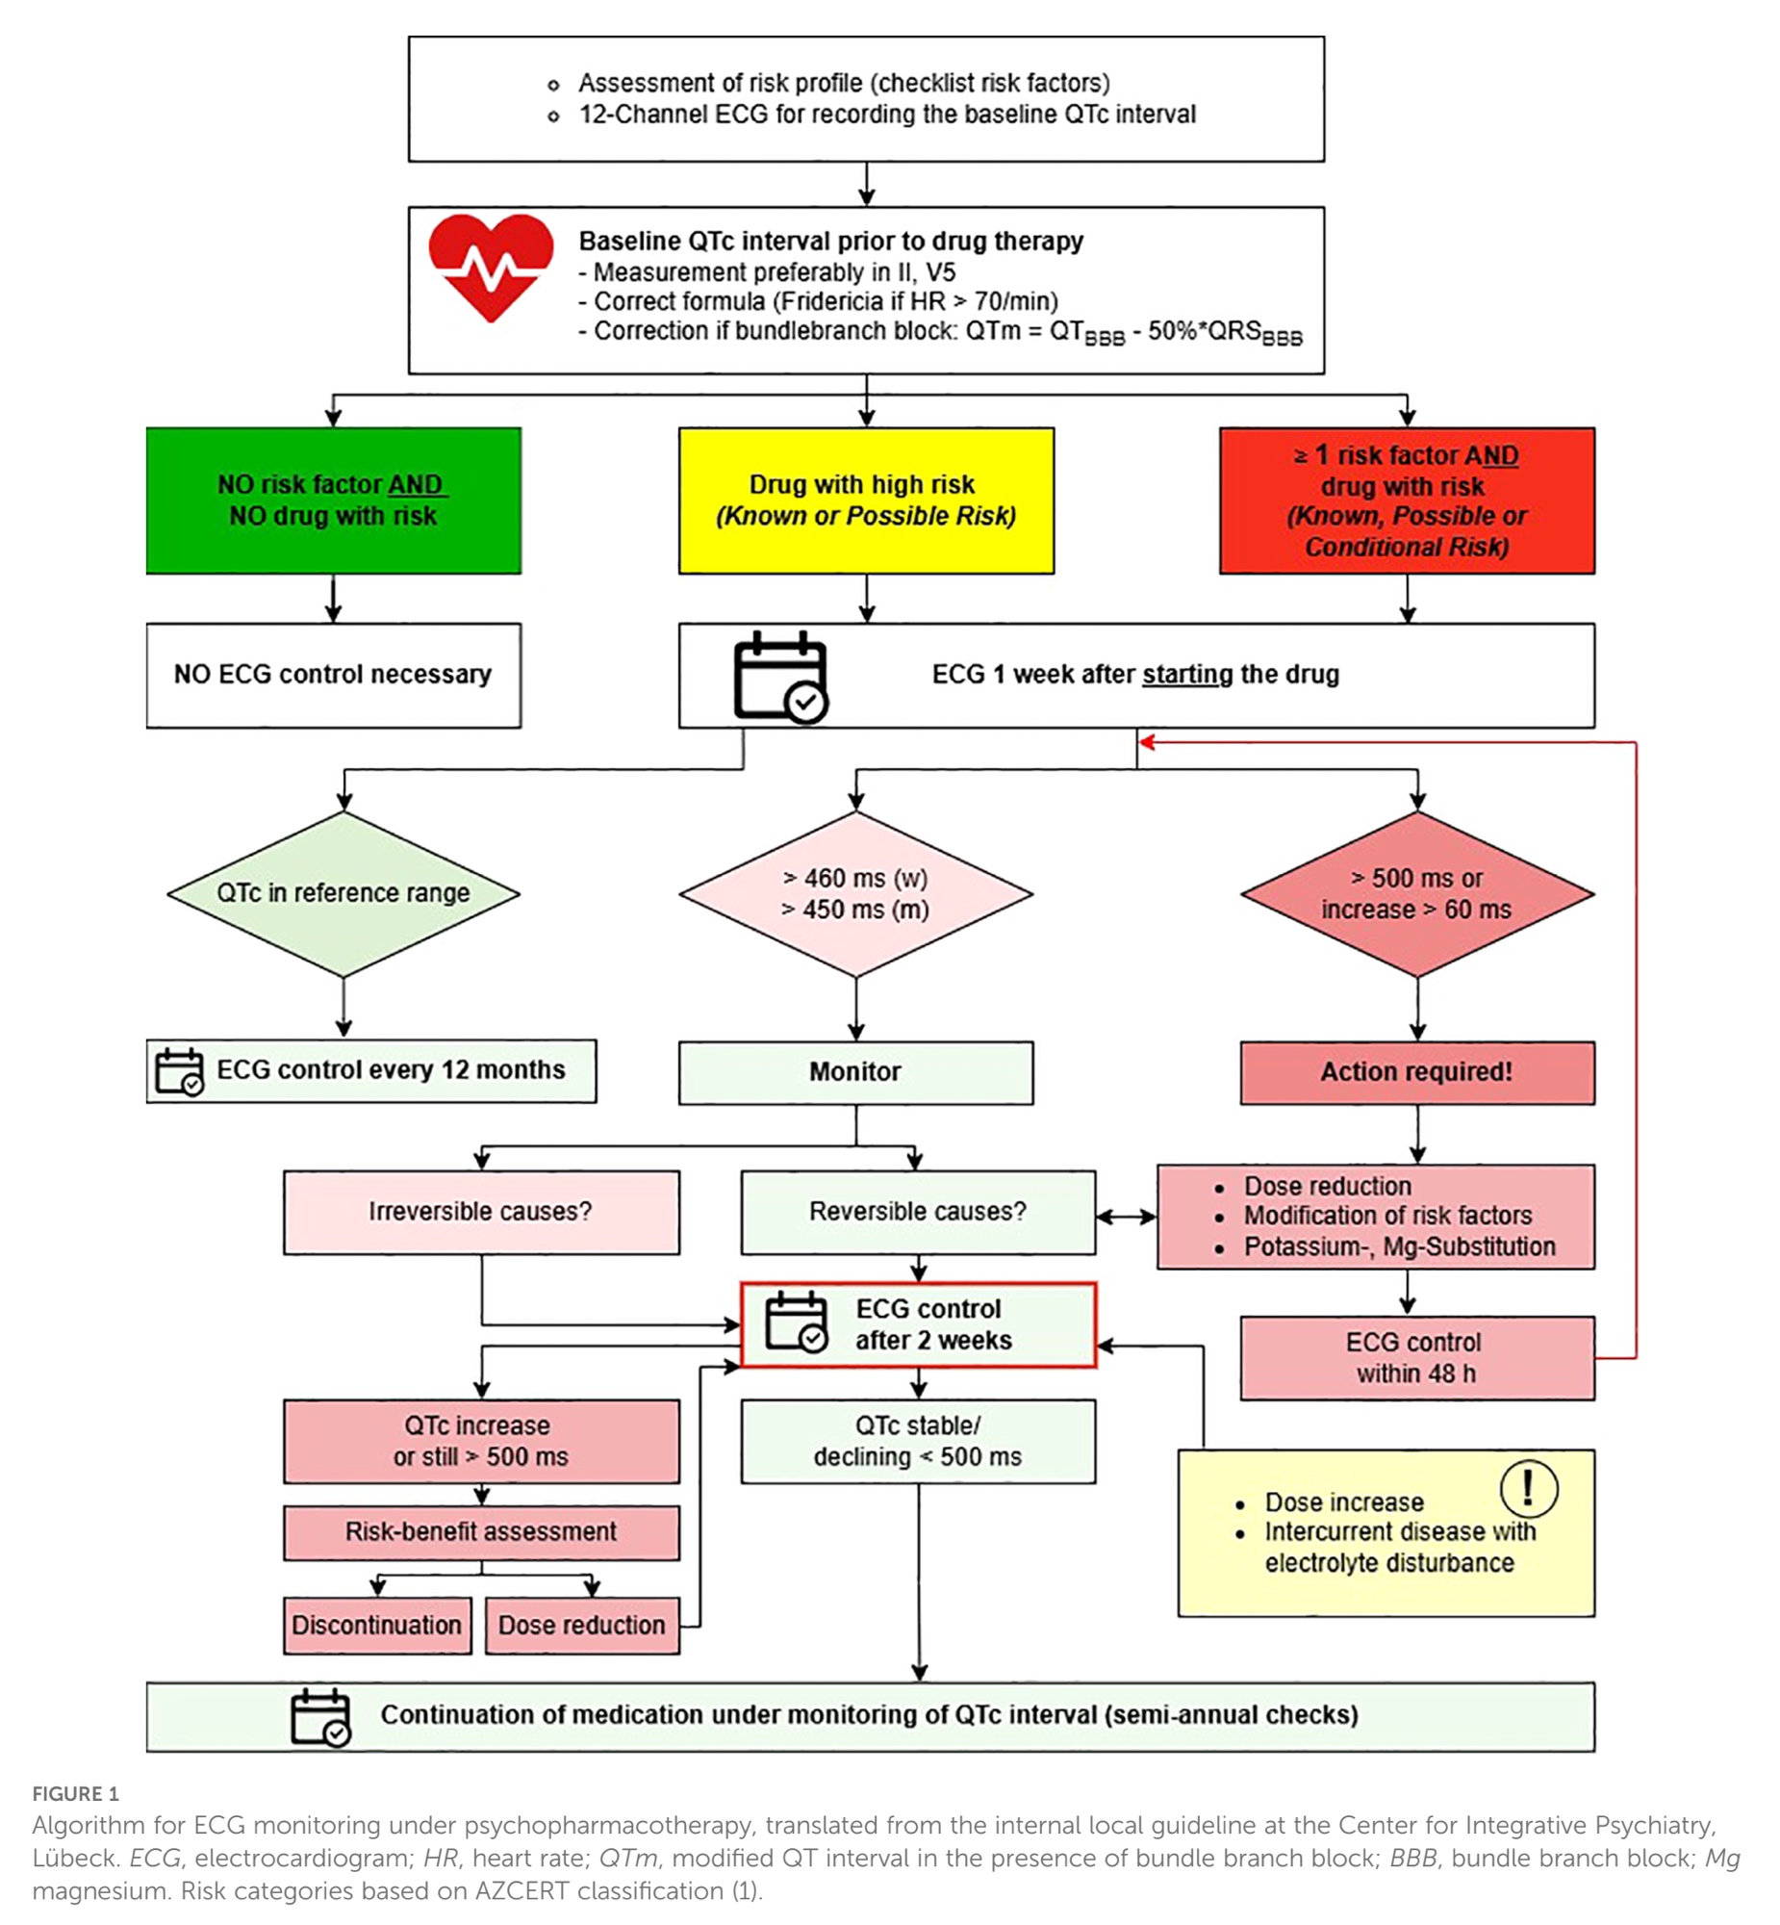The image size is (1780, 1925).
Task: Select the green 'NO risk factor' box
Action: (333, 500)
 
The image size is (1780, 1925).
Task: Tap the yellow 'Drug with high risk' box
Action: (866, 500)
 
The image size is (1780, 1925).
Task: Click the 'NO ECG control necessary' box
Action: (333, 675)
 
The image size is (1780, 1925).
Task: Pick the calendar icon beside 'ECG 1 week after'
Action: (780, 677)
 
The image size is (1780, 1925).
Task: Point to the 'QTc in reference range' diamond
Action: (343, 893)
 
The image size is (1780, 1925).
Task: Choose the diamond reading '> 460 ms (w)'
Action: (855, 893)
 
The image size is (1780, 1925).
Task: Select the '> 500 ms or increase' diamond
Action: (1417, 893)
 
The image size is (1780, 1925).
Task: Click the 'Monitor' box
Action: (855, 1071)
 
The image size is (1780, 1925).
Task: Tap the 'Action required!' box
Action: (1417, 1071)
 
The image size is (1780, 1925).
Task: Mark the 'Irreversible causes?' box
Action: (481, 1211)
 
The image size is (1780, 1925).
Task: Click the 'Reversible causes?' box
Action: (918, 1211)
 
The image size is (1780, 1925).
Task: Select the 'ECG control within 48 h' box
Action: (1417, 1356)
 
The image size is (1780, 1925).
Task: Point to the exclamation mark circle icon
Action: (1529, 1488)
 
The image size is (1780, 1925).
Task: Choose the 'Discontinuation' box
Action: (376, 1626)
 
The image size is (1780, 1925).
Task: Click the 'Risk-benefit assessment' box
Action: (481, 1532)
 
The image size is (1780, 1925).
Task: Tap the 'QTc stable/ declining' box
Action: (918, 1441)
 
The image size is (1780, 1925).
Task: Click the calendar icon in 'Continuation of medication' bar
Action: (320, 1716)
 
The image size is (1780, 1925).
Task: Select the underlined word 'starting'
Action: (1187, 675)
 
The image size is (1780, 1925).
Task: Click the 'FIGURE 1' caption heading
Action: (75, 1793)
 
